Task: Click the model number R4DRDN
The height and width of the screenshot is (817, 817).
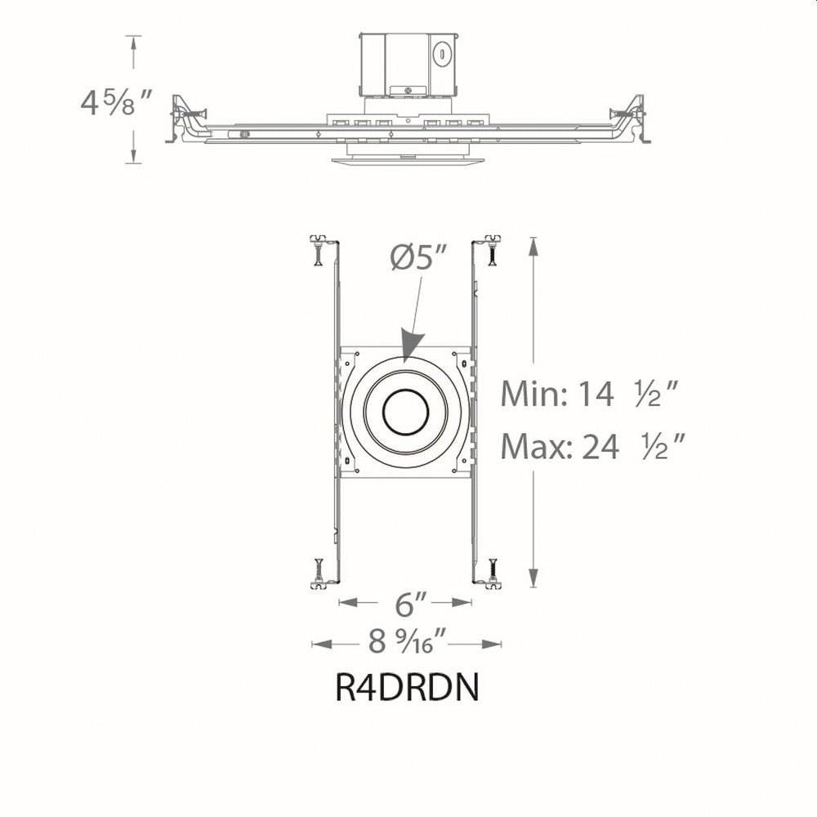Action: coord(407,688)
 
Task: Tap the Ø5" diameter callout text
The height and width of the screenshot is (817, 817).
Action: coord(419,257)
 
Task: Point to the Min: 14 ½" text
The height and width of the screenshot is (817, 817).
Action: coord(590,394)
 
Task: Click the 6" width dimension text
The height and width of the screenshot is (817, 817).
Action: coord(411,604)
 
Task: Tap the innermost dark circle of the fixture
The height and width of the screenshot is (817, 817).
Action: coord(406,412)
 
